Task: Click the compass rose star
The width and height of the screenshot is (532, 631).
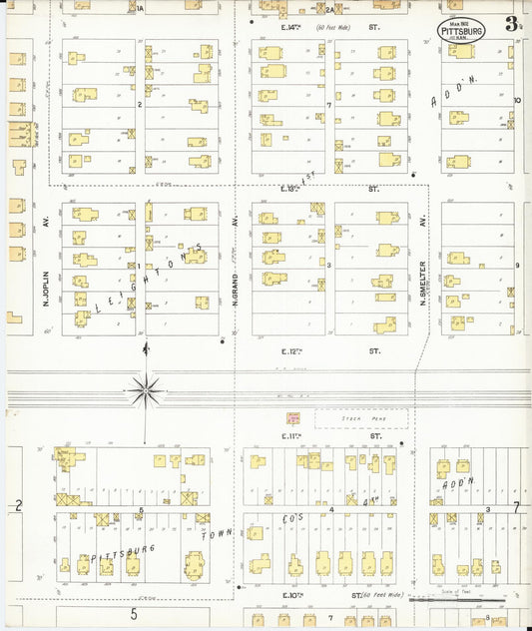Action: [x=146, y=387]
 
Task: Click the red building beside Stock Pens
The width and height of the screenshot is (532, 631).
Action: [x=293, y=419]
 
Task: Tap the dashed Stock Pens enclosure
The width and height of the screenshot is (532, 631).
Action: [x=361, y=419]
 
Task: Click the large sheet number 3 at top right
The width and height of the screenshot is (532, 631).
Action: [x=511, y=24]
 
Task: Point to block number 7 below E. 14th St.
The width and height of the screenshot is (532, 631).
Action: [x=327, y=104]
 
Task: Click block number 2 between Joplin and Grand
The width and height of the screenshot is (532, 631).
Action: [x=140, y=104]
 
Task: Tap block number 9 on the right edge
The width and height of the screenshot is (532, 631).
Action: [x=517, y=265]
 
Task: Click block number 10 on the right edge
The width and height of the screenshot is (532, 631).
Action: [x=517, y=101]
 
